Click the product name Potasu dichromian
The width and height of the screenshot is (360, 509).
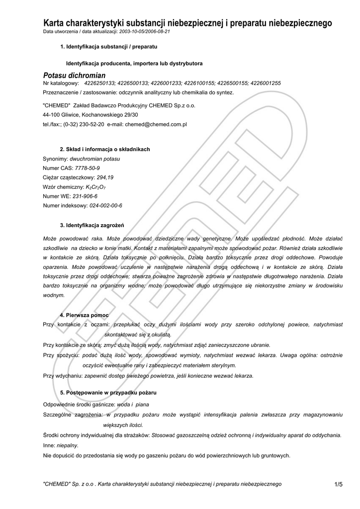[x=74, y=75]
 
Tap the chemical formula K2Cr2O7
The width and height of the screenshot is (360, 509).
[x=96, y=187]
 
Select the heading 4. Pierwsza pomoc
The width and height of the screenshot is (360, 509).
[x=84, y=315]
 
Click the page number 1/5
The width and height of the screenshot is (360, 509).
[x=339, y=484]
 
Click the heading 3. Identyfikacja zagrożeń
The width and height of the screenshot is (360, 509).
[x=91, y=224]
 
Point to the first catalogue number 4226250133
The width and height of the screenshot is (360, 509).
[x=100, y=83]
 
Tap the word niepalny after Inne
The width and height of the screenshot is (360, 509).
[x=67, y=446]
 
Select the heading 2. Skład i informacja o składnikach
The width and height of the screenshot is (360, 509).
[x=104, y=149]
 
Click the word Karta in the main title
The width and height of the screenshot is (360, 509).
[x=55, y=23]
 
